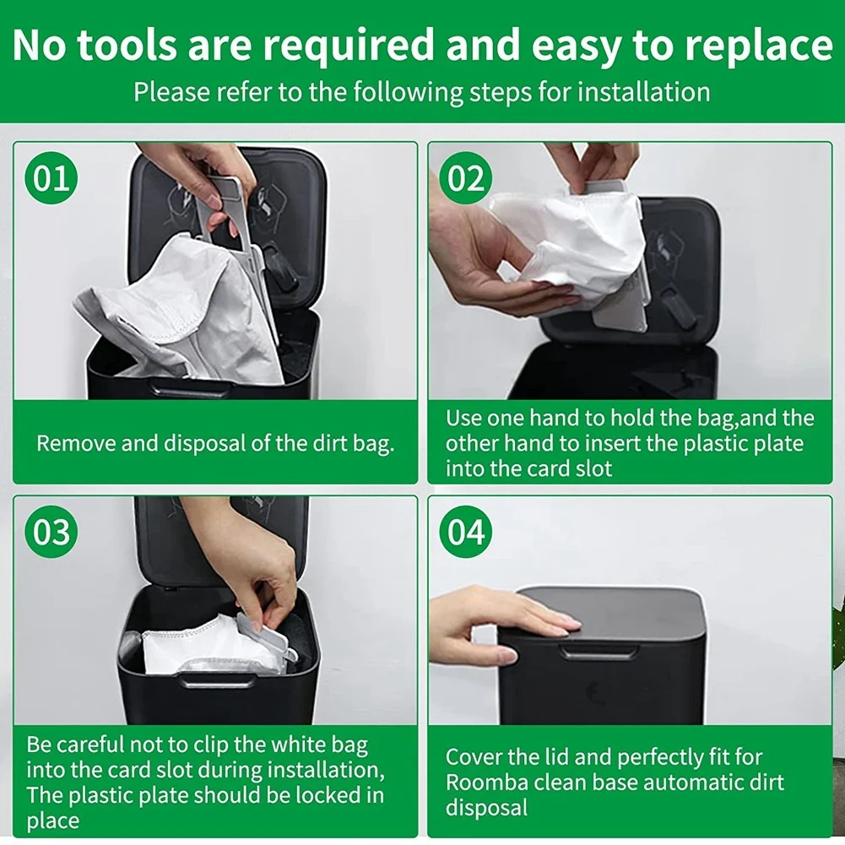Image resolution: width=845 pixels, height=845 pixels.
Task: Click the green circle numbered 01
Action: click(x=51, y=179)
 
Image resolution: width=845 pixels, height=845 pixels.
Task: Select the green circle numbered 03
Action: click(x=51, y=533)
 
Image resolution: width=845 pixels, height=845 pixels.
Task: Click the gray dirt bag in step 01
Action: click(x=186, y=312)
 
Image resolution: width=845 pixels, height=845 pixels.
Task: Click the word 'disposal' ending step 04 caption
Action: click(x=486, y=808)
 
